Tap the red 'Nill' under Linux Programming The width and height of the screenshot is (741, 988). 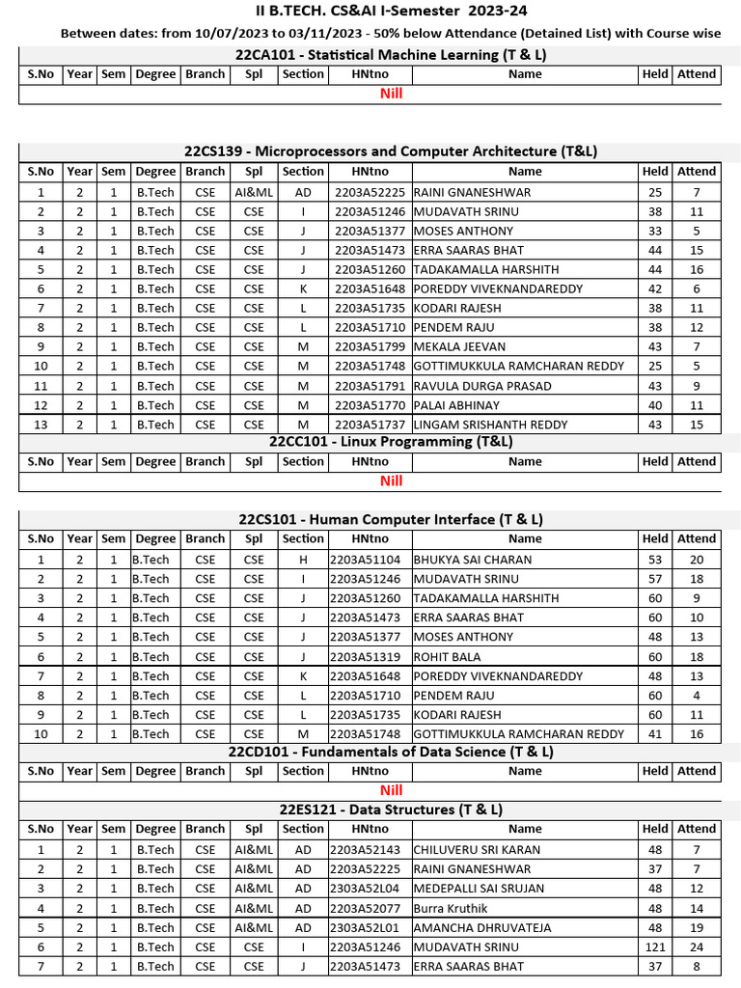pos(391,480)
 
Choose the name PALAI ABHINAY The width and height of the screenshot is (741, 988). pos(457,405)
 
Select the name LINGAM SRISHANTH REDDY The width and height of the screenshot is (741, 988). pos(491,425)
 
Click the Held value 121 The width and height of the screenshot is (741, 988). pos(655,947)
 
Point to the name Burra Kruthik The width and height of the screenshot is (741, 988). pos(451,908)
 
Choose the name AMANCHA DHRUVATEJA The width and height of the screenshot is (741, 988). pos(482,927)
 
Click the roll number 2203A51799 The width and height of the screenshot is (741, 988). pos(370,346)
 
